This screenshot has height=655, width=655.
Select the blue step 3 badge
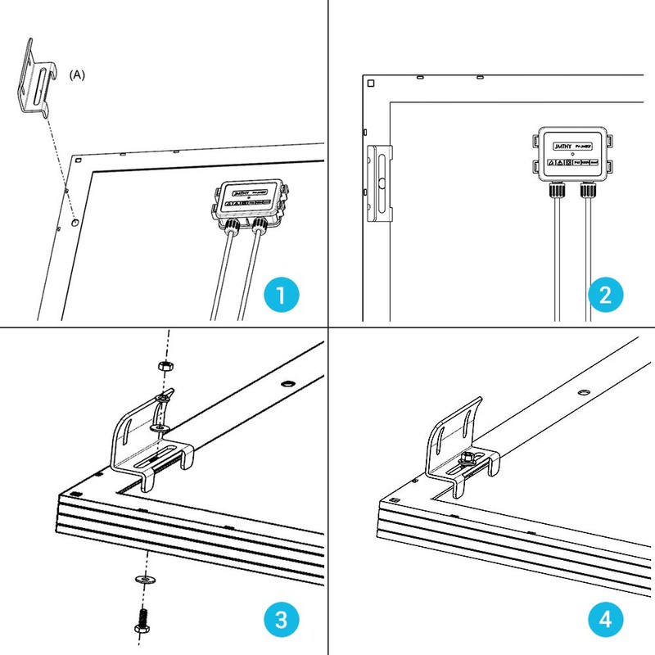click(280, 619)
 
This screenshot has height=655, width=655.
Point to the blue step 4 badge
click(607, 619)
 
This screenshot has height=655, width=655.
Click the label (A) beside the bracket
click(77, 75)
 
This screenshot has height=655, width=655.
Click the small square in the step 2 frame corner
click(371, 84)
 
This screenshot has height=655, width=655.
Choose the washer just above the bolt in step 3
click(143, 580)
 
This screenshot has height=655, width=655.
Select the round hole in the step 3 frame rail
click(287, 383)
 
